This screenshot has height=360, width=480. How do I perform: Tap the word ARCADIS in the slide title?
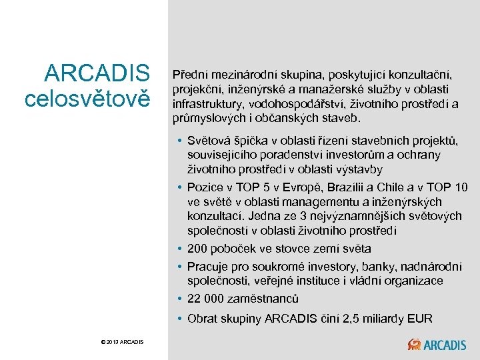coord(97,73)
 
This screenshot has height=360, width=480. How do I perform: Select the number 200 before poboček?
coord(198,249)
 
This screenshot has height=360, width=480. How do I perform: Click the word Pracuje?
coord(209,267)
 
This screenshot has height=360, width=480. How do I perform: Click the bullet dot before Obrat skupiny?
coord(181,319)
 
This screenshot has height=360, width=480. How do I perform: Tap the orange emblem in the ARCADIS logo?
coord(415,344)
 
